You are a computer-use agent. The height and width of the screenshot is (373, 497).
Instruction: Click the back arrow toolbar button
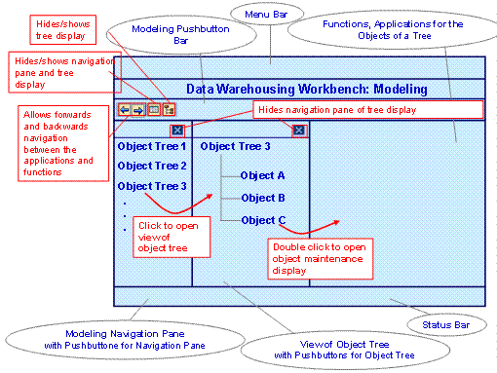click(x=124, y=110)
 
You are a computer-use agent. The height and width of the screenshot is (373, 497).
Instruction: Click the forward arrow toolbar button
click(x=138, y=110)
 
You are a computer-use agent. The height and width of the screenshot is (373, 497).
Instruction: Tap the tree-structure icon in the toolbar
click(x=169, y=110)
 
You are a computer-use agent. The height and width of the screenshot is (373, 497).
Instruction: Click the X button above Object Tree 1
click(x=175, y=130)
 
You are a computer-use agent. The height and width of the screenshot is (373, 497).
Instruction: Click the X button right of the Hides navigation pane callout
click(x=299, y=130)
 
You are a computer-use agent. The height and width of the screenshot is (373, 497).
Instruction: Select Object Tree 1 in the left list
click(x=151, y=146)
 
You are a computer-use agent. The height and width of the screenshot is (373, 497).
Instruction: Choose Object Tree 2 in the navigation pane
click(x=151, y=166)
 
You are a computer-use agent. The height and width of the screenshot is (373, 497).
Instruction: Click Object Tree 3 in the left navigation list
click(x=151, y=185)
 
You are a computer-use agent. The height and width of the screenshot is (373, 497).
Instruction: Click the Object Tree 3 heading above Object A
click(x=235, y=146)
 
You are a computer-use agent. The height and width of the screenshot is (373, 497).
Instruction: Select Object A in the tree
click(x=262, y=175)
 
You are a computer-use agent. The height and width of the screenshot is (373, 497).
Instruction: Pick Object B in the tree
click(x=262, y=198)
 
